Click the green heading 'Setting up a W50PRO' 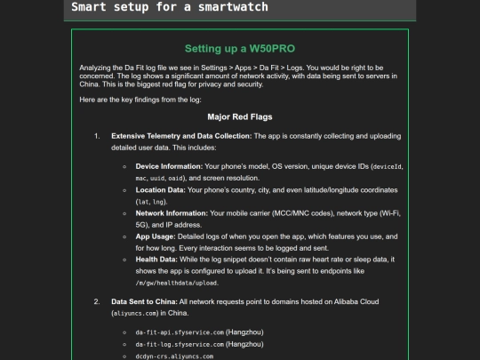[239, 48]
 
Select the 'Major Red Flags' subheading [240, 116]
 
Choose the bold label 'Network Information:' [172, 213]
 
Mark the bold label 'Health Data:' [158, 260]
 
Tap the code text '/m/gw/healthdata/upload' [177, 283]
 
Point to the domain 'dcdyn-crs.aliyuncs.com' [174, 356]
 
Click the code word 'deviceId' [387, 167]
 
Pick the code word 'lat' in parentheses [143, 202]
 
